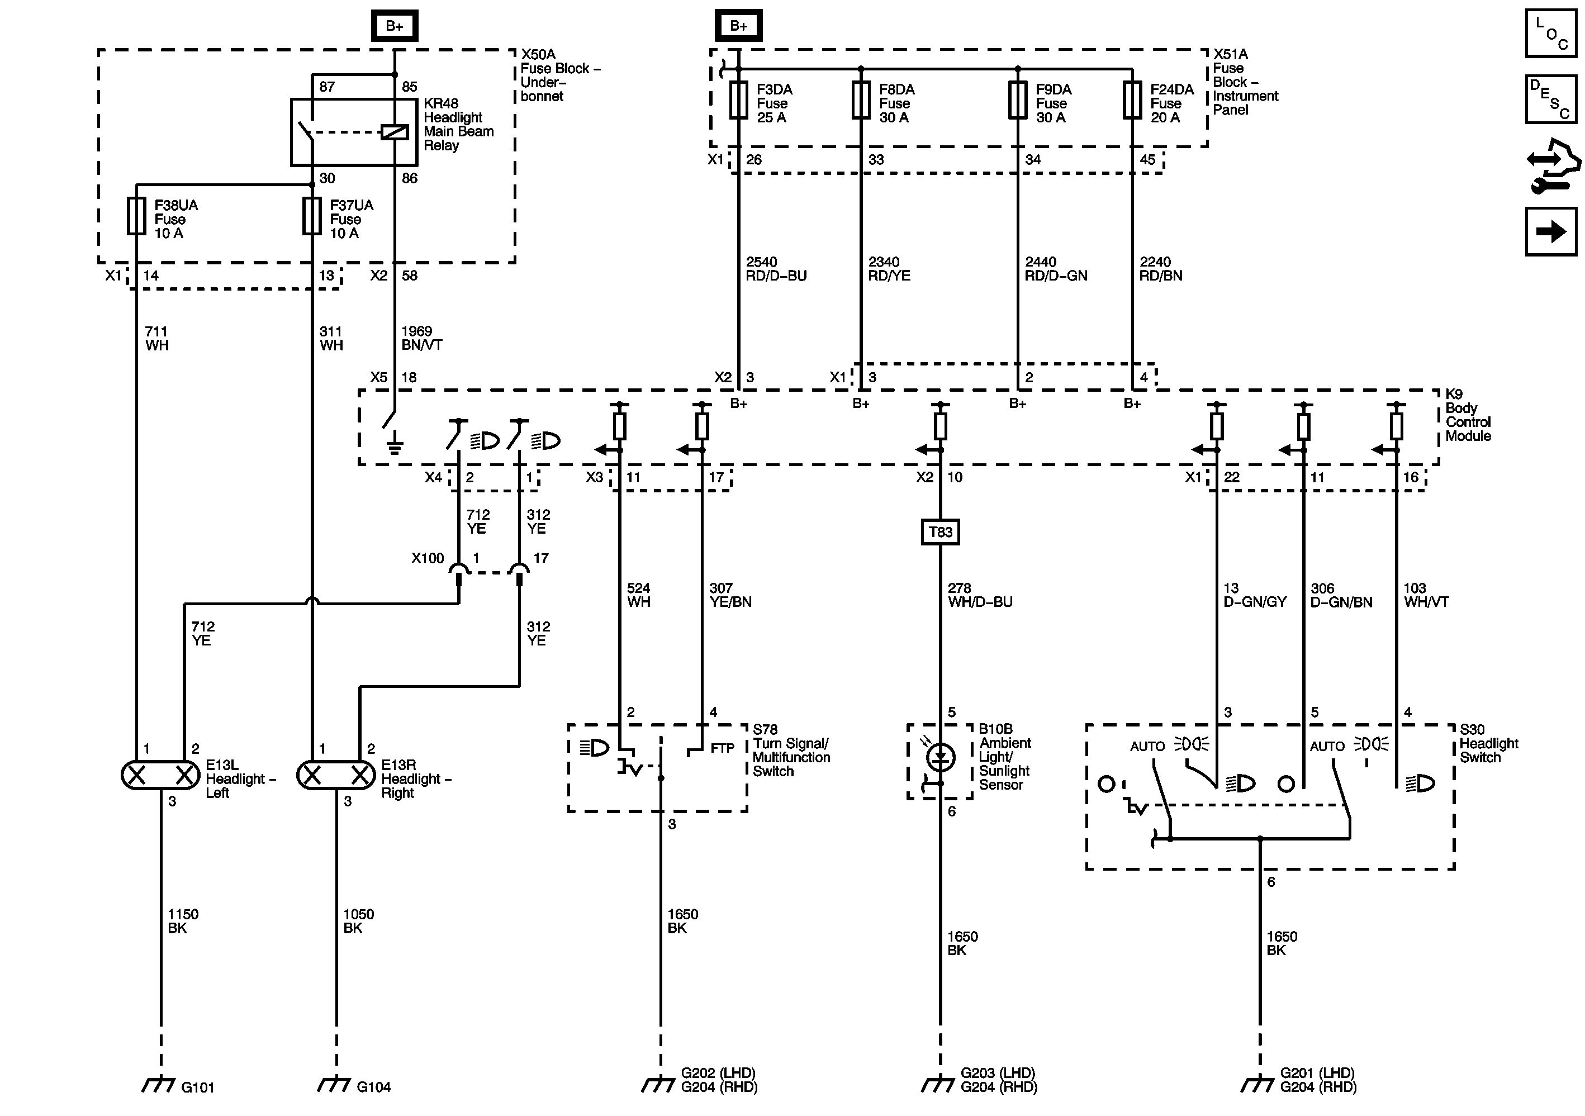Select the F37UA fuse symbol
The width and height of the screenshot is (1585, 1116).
[x=312, y=216]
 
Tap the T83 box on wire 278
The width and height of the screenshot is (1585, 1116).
[x=940, y=532]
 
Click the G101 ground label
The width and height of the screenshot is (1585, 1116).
[x=197, y=1087]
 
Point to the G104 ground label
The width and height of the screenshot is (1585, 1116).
[x=373, y=1087]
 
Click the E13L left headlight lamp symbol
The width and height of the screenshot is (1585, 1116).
[x=161, y=775]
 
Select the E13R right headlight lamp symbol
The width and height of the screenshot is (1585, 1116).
[x=336, y=775]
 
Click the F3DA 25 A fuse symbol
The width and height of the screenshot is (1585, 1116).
[x=739, y=100]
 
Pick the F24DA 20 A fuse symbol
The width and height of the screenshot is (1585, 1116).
[x=1132, y=100]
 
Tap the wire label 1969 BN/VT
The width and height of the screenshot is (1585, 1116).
[x=421, y=338]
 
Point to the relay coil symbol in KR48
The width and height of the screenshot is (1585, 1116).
[x=395, y=131]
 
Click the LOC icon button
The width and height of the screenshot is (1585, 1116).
[x=1550, y=33]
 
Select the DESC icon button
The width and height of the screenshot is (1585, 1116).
[x=1550, y=99]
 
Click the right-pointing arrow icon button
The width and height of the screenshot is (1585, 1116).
[x=1550, y=232]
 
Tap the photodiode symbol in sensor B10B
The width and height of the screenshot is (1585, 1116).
[x=939, y=758]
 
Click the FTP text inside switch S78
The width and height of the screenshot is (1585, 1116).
[x=722, y=748]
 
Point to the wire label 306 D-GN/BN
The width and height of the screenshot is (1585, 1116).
[x=1341, y=595]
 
